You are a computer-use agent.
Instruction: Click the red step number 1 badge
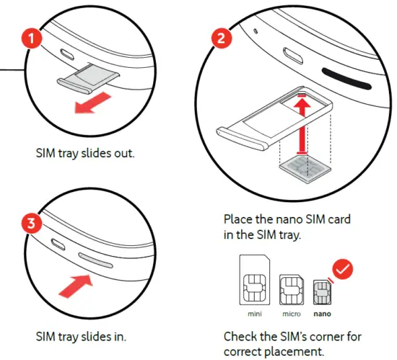(x=30, y=39)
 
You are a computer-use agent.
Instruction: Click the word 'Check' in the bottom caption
(x=240, y=336)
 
